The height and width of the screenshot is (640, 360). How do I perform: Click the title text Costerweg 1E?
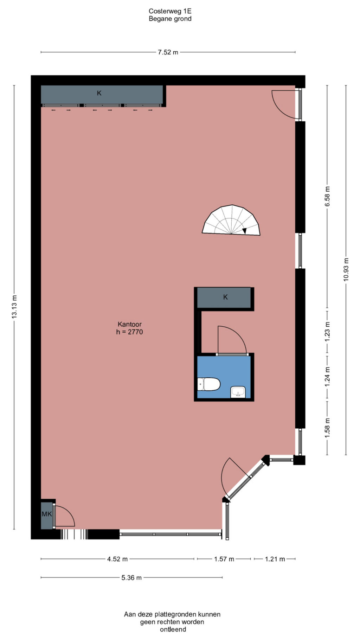[x=170, y=11]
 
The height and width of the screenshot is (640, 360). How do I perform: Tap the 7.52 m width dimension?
[x=168, y=52]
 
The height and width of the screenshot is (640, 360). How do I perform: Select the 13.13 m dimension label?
[x=14, y=307]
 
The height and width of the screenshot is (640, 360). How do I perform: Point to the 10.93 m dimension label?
[x=346, y=270]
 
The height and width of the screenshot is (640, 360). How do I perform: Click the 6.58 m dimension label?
[x=327, y=197]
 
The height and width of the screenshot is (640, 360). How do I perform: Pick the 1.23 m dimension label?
[x=327, y=332]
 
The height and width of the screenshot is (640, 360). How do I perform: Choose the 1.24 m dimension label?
[x=327, y=377]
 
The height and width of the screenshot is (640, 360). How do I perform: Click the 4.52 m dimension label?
[x=117, y=559]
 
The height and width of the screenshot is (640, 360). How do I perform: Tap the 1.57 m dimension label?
[x=224, y=559]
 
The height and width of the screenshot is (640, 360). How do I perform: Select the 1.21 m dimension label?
[x=275, y=559]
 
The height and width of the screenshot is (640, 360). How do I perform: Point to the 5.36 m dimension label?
[x=131, y=578]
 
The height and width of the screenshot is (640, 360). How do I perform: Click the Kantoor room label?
[x=129, y=324]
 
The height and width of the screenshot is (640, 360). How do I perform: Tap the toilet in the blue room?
[x=209, y=384]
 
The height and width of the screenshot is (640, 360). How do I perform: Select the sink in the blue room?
[x=238, y=392]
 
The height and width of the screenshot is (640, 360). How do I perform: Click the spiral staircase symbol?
[x=231, y=220]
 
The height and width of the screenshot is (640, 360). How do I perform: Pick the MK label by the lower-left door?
[x=47, y=514]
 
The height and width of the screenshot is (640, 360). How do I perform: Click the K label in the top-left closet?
[x=99, y=93]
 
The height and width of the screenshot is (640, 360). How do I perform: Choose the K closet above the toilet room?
[x=224, y=297]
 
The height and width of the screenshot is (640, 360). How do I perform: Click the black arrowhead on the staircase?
[x=244, y=231]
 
